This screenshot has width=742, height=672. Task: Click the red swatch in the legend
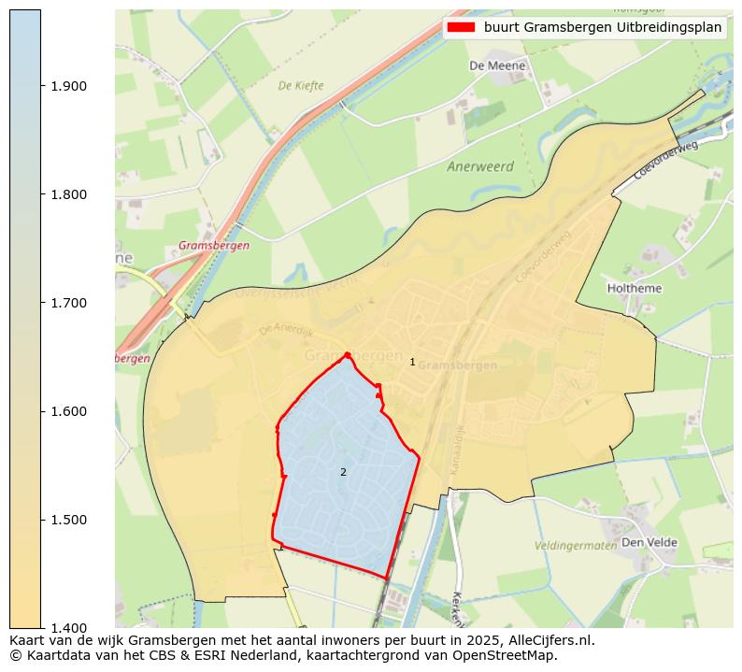[461, 27]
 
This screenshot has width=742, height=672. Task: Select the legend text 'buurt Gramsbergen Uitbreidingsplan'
[602, 27]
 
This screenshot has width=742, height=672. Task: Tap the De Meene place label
[497, 66]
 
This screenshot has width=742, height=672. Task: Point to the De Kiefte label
[301, 86]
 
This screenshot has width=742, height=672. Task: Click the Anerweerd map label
[480, 167]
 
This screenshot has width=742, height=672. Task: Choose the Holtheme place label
[635, 289]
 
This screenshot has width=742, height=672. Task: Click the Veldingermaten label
[575, 545]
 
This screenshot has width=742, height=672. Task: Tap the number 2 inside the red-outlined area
[343, 472]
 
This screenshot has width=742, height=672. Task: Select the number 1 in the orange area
[412, 362]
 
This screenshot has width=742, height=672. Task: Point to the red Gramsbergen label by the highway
[213, 246]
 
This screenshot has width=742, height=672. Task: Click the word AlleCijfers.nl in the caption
[547, 641]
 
